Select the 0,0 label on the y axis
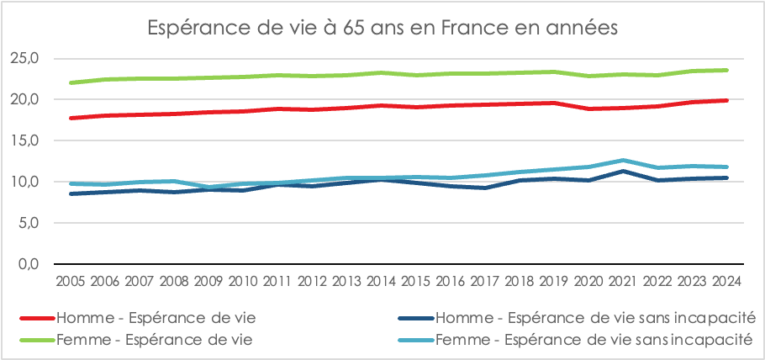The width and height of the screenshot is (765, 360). (x=29, y=264)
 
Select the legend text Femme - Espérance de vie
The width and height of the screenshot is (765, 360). (x=156, y=340)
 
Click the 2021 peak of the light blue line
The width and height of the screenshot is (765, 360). (x=622, y=160)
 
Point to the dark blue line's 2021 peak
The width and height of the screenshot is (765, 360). (x=622, y=171)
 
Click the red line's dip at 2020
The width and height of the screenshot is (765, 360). (x=588, y=109)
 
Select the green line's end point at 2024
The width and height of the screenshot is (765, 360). (x=726, y=70)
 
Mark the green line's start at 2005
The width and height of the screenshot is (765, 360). (x=71, y=82)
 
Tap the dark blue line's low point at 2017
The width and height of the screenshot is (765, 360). (x=484, y=188)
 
